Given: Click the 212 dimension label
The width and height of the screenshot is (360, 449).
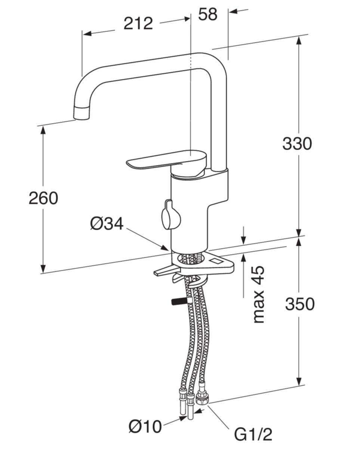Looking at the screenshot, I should pos(138,24).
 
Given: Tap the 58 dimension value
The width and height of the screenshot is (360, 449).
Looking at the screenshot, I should pos(207,14).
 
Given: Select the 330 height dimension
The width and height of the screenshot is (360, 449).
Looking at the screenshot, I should pos(297,144).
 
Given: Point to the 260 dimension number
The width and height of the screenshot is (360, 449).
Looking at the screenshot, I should pos(43,198).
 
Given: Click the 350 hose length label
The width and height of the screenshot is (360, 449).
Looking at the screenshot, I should pos(299,305).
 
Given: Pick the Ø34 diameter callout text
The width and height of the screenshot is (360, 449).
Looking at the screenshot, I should pos(107,224).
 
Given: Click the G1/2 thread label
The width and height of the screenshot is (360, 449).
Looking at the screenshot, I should pos(253,435).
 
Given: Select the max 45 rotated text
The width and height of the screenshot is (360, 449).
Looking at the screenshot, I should pos(258,295).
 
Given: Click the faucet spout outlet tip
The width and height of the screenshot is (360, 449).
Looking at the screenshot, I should pos(82,114).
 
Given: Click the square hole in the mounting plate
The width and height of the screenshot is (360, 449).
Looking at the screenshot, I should pos(216,261).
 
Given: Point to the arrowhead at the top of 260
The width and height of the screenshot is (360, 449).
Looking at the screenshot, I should pos(43,129).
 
